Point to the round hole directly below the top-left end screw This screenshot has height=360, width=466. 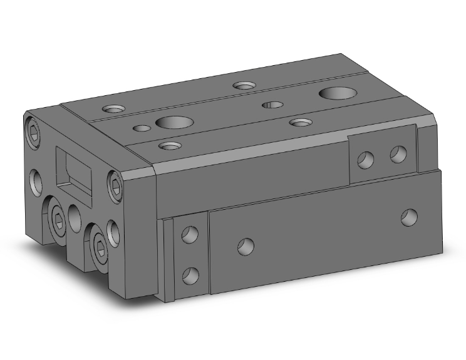click(36, 180)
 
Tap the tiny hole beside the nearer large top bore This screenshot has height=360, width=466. click(143, 129)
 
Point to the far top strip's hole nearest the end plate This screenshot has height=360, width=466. click(114, 109)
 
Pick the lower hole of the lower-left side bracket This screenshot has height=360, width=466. click(190, 274)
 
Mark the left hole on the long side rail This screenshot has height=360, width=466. click(246, 245)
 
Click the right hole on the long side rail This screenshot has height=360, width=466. click(410, 217)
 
